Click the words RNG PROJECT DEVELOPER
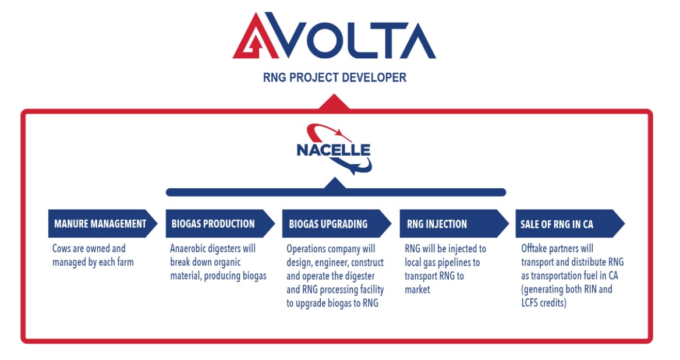[334, 77]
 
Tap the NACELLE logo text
[333, 150]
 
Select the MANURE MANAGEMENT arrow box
[102, 224]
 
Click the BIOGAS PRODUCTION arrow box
[220, 224]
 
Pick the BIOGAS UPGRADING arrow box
[337, 224]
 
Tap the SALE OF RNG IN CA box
[570, 224]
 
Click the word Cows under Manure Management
[62, 249]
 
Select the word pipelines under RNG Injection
[452, 263]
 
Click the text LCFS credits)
[544, 303]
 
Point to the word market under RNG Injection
[417, 290]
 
